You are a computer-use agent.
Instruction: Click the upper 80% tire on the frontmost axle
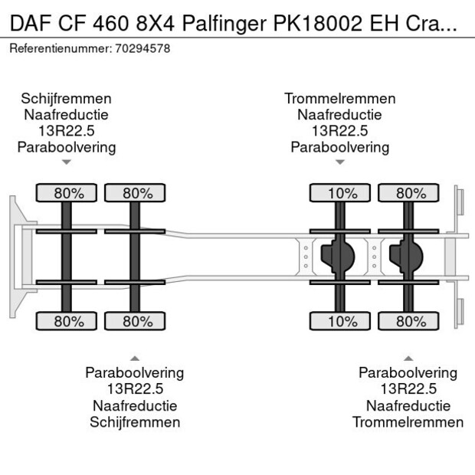click(x=68, y=193)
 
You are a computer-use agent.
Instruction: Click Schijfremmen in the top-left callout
click(x=67, y=99)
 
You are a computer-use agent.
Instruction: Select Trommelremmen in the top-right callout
click(x=340, y=99)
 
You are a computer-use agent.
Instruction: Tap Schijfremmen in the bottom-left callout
click(x=135, y=422)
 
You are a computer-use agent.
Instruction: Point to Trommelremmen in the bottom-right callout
click(x=408, y=422)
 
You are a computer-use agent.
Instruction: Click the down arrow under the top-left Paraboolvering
click(x=67, y=162)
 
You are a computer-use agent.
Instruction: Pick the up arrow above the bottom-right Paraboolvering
click(x=408, y=358)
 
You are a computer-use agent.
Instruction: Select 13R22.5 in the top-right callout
click(x=340, y=131)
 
